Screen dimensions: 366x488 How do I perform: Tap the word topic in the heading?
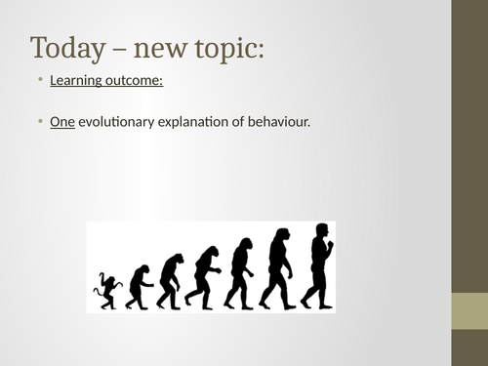225,48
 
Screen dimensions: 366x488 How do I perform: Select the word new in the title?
166,49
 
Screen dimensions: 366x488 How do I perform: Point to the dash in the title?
121,49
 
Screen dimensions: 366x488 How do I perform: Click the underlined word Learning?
79,80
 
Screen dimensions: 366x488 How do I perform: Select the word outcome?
137,80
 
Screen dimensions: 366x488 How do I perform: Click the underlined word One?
61,124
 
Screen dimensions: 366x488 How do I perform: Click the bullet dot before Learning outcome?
40,80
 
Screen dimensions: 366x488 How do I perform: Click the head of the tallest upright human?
320,230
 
